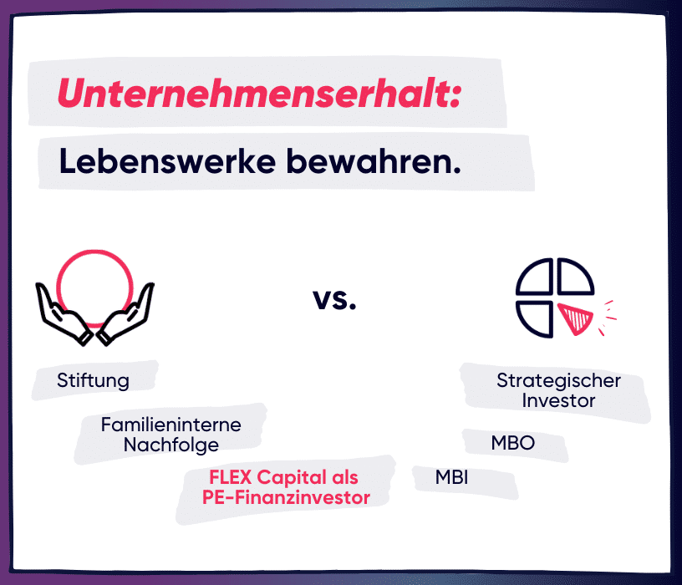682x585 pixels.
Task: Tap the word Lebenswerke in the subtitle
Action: click(x=167, y=161)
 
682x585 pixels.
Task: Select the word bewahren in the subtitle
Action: click(x=374, y=161)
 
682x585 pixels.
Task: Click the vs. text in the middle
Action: click(x=334, y=299)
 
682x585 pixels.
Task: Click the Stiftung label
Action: click(x=93, y=380)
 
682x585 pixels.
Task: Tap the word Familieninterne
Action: click(x=171, y=425)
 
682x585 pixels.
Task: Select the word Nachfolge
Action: click(x=171, y=445)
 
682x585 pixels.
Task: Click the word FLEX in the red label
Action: click(x=231, y=477)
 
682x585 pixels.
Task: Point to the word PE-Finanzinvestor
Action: click(x=286, y=497)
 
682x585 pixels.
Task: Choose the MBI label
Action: click(x=451, y=477)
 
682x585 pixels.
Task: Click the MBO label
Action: click(x=513, y=443)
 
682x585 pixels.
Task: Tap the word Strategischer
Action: click(x=558, y=381)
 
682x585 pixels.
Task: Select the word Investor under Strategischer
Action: click(x=558, y=400)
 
